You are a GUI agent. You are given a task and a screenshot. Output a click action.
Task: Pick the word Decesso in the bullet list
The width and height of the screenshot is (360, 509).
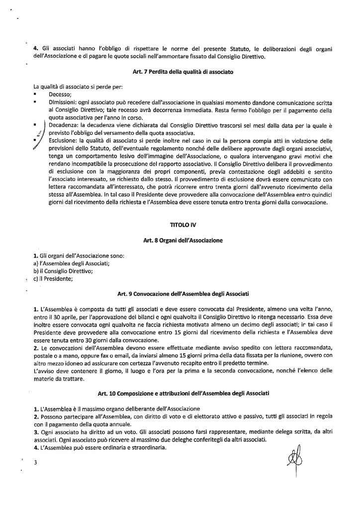click(x=60, y=93)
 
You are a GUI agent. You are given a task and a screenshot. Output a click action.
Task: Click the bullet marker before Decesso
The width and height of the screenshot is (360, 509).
click(x=35, y=94)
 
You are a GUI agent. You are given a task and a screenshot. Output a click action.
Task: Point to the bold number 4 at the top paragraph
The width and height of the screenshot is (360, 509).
click(x=35, y=49)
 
